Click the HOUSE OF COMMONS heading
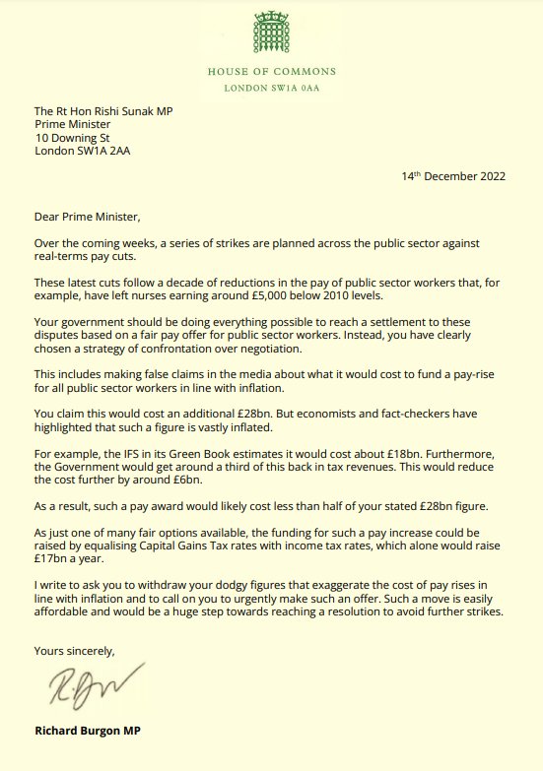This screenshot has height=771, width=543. (271, 71)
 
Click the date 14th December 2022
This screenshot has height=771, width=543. (453, 177)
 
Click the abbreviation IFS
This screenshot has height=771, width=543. (132, 449)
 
